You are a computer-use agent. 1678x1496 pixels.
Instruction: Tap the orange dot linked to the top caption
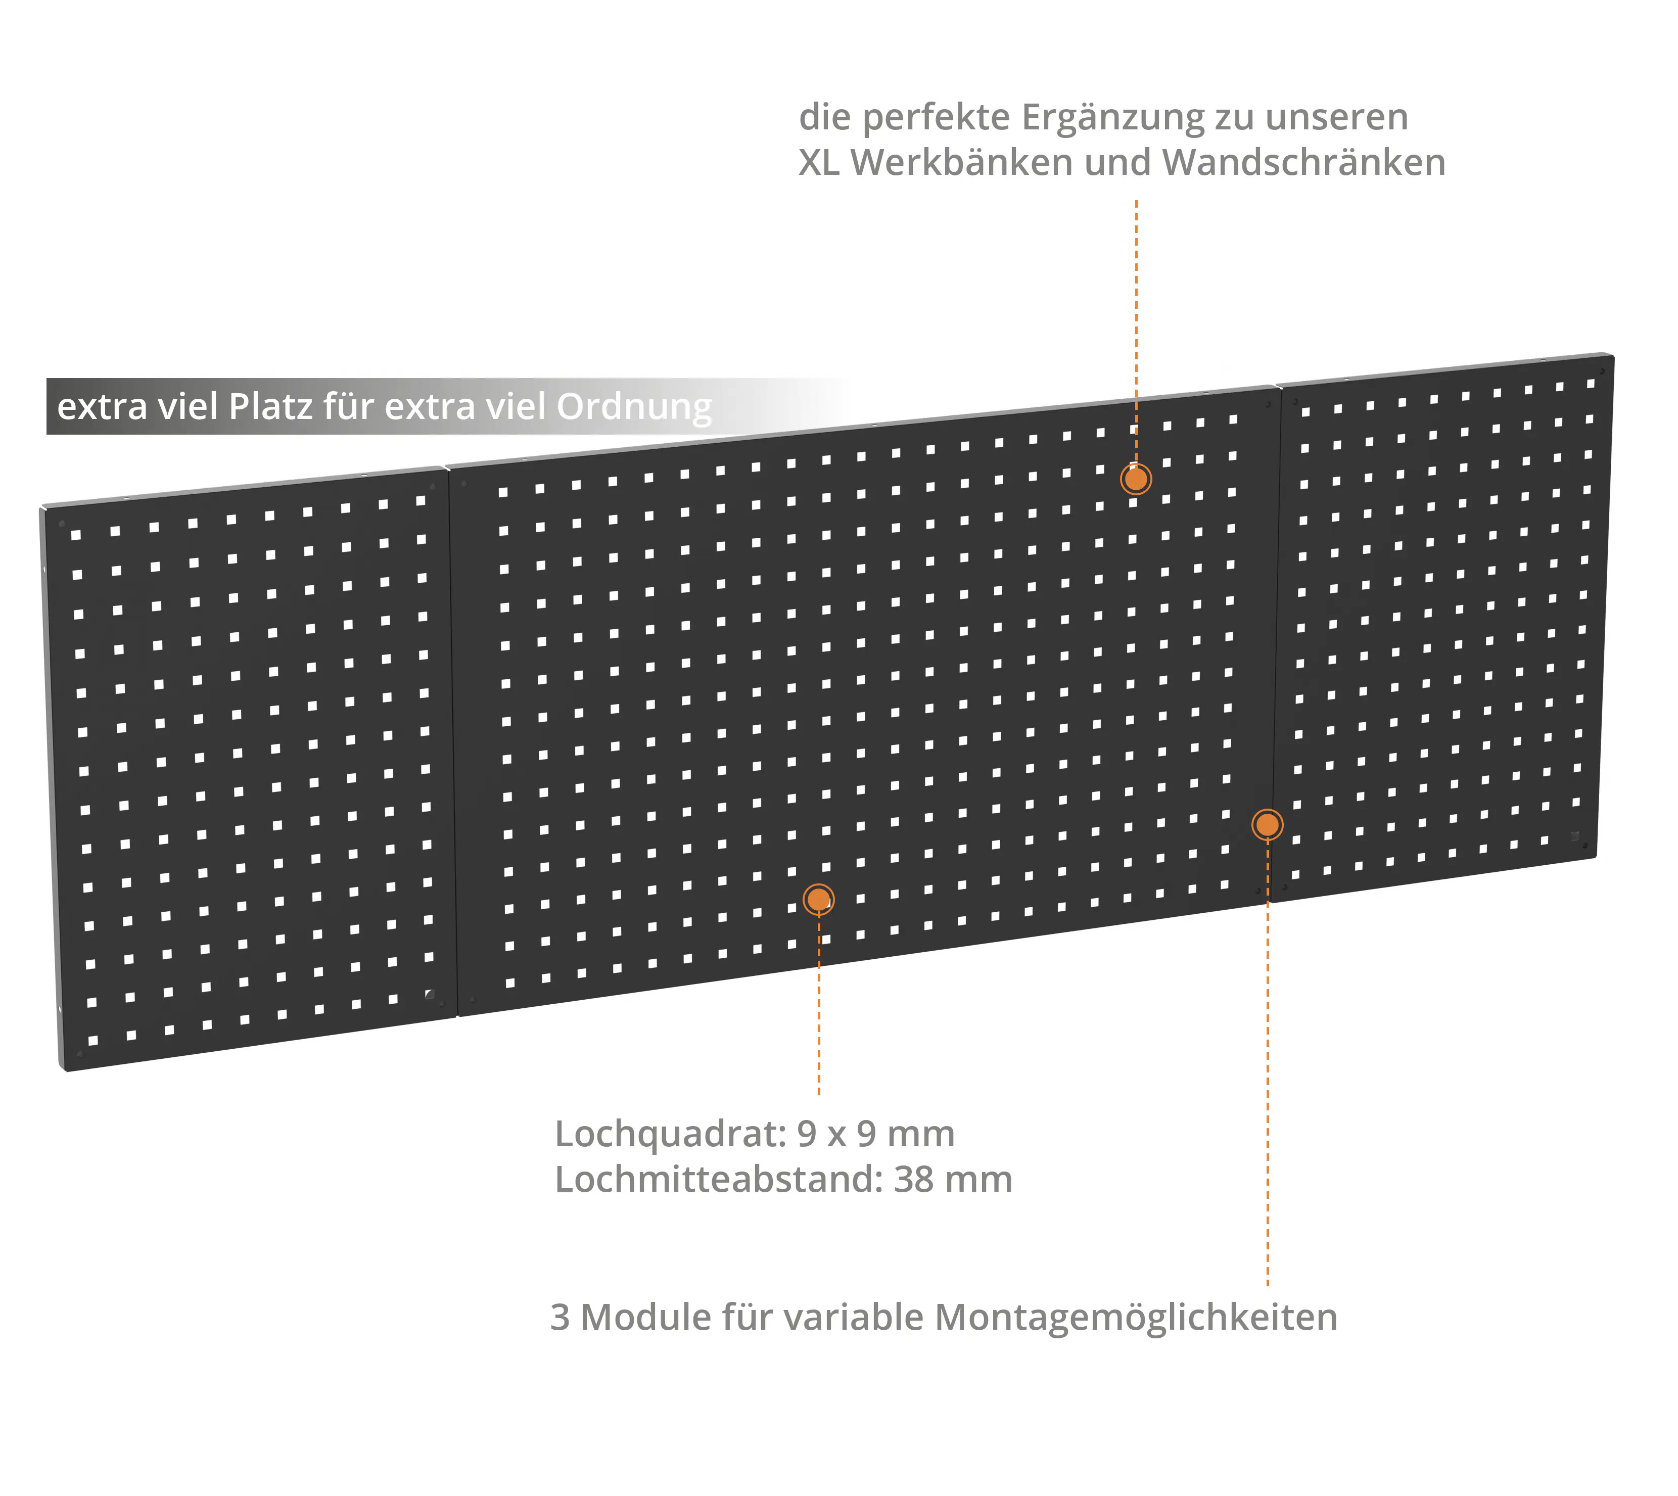pos(1135,479)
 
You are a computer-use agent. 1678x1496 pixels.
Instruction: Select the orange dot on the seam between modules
pos(1267,824)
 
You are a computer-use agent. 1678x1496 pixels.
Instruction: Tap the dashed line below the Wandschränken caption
pos(1136,331)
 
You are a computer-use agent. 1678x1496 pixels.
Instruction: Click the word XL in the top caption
pos(819,163)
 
